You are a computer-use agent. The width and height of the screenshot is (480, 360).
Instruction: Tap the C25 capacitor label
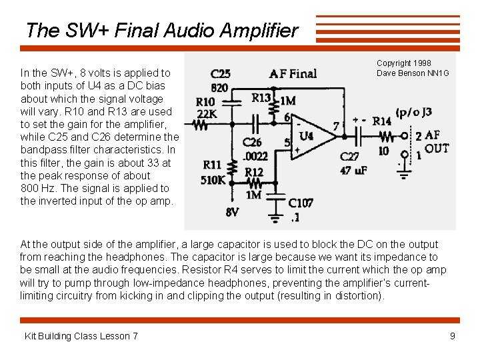coord(221,74)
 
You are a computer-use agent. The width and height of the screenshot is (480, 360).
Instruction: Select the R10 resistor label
coord(205,102)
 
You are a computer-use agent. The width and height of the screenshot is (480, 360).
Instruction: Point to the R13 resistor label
coord(262,99)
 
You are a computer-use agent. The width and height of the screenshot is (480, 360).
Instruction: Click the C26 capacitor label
coord(252,142)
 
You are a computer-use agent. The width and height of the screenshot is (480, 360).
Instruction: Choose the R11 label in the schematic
coord(212,165)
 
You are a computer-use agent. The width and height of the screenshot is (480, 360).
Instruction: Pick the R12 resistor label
coord(254,172)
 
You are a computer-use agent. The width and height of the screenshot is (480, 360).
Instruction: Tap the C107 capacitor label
coord(301,203)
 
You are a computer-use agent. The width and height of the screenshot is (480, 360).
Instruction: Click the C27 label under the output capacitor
coord(349,157)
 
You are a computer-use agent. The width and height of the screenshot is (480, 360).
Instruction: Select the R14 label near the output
coord(382,121)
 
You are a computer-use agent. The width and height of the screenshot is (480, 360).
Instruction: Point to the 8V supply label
coord(232,213)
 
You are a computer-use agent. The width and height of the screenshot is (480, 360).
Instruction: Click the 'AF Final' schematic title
coord(293,73)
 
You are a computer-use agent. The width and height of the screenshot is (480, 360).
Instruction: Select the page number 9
coord(453,336)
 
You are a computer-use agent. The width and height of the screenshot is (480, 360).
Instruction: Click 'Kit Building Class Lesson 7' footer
coord(81,336)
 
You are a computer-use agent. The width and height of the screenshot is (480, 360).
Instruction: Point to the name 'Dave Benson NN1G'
coord(413,73)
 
